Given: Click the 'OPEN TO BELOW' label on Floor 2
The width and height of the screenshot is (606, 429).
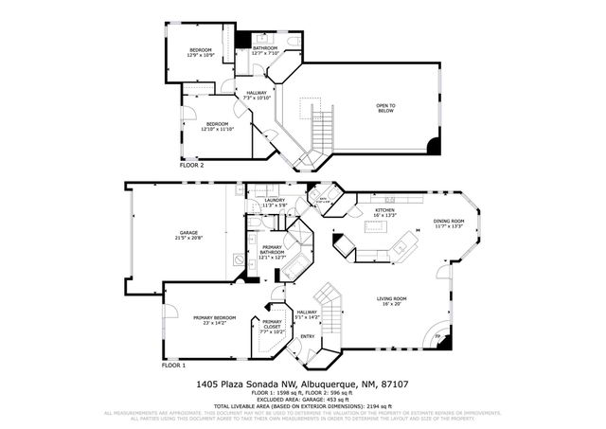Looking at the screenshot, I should [x=385, y=108].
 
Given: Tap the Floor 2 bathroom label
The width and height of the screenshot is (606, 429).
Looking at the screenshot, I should [x=265, y=50].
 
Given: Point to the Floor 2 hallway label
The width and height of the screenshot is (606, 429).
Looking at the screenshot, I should [x=257, y=95].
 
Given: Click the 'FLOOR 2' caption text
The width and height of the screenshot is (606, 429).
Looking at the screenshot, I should [x=191, y=165].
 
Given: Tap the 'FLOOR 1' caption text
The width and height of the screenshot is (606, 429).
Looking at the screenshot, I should [x=173, y=365].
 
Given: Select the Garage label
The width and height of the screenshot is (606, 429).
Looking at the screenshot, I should [x=189, y=235].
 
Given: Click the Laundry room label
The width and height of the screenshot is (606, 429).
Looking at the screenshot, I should [x=275, y=203].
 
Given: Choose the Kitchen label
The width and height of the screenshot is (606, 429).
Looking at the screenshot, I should [x=384, y=212].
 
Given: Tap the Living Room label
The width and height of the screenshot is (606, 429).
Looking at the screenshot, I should [x=392, y=301].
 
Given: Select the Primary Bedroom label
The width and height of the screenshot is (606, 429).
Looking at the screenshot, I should [x=215, y=320].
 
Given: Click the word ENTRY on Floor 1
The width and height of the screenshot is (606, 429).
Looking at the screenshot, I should [x=308, y=336].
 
